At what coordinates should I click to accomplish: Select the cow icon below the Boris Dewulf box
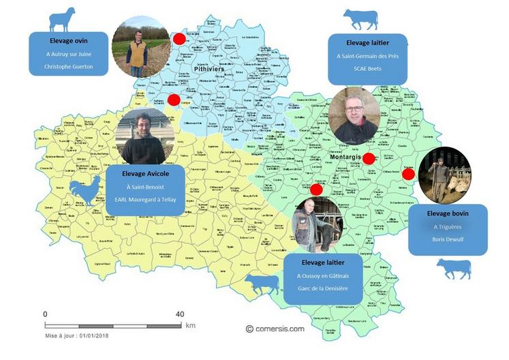(x=453, y=269)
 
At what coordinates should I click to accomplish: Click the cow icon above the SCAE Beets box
(x=360, y=19)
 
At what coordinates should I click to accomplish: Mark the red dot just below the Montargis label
(x=368, y=159)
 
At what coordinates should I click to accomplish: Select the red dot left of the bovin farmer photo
(x=408, y=174)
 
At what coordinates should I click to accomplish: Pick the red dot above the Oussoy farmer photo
(x=316, y=189)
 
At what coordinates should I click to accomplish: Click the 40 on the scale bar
(x=180, y=314)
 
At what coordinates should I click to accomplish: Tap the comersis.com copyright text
(x=275, y=328)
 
